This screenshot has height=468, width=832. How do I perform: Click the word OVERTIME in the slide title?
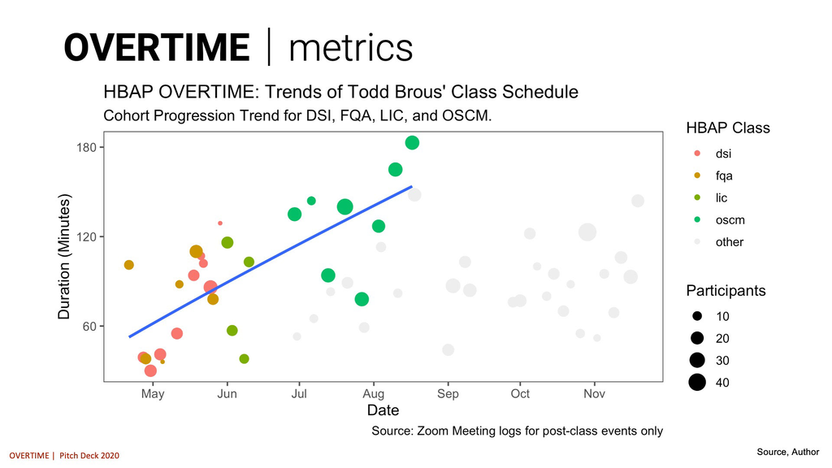(156, 47)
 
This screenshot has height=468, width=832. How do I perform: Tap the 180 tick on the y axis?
(87, 147)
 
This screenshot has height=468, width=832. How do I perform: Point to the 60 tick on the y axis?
(89, 327)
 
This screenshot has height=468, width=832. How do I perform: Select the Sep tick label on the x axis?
(448, 394)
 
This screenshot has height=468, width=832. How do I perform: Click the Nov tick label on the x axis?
(595, 394)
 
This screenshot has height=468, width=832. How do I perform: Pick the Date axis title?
(383, 411)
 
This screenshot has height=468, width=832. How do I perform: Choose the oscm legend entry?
(730, 220)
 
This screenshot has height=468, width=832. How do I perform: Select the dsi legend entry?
(723, 153)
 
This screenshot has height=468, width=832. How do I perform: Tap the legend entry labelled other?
(729, 242)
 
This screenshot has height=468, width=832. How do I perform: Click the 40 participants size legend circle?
(697, 383)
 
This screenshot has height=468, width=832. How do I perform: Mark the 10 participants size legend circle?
(697, 315)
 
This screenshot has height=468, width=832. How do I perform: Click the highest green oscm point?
(412, 143)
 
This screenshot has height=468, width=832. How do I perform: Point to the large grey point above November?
(587, 232)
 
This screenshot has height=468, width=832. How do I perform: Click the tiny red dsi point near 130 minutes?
(220, 223)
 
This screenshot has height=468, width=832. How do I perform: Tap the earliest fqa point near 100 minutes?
(128, 265)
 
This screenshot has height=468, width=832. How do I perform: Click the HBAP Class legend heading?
(728, 128)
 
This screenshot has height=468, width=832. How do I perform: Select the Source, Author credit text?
(787, 452)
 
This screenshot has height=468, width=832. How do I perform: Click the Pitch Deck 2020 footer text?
(89, 456)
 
